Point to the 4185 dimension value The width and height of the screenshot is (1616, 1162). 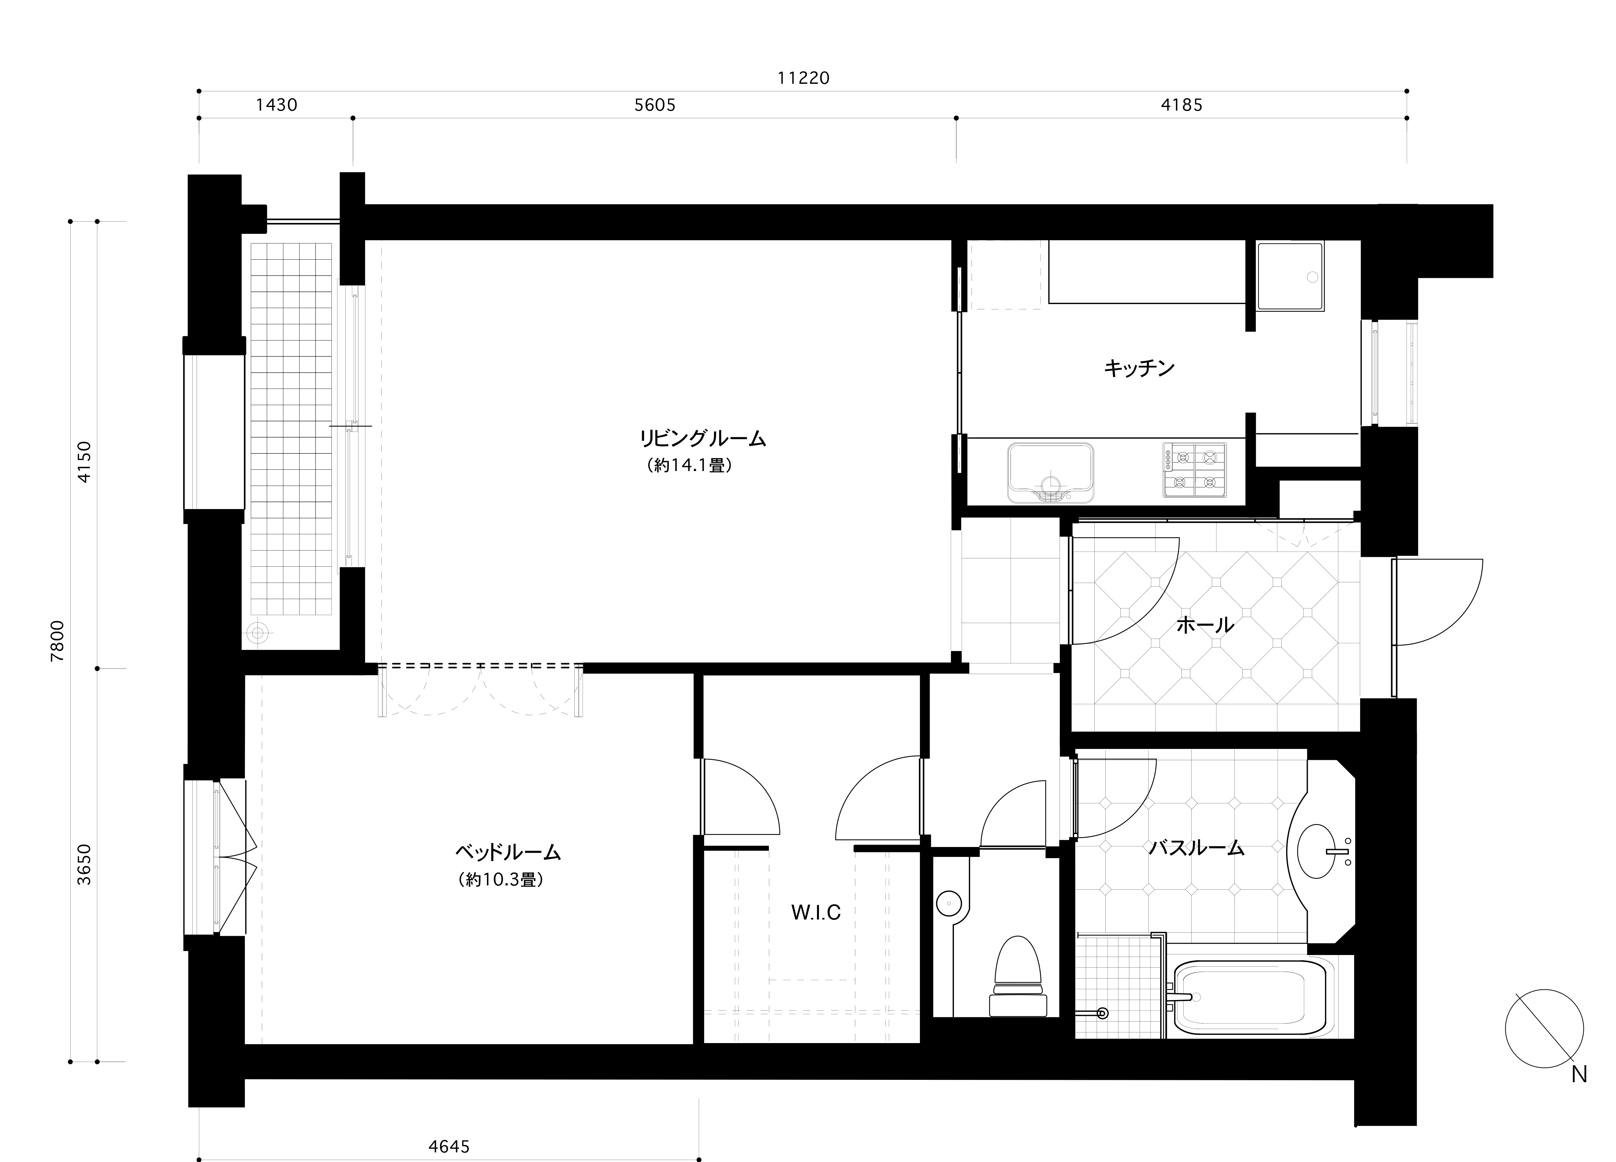[1181, 106]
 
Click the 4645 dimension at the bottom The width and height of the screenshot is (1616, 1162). [449, 1146]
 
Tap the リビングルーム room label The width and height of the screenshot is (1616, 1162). [702, 438]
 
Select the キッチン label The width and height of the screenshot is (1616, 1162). [1139, 368]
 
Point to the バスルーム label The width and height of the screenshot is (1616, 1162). [1197, 848]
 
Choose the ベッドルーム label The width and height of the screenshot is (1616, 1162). [508, 852]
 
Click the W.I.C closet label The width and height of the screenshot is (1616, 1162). [816, 913]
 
